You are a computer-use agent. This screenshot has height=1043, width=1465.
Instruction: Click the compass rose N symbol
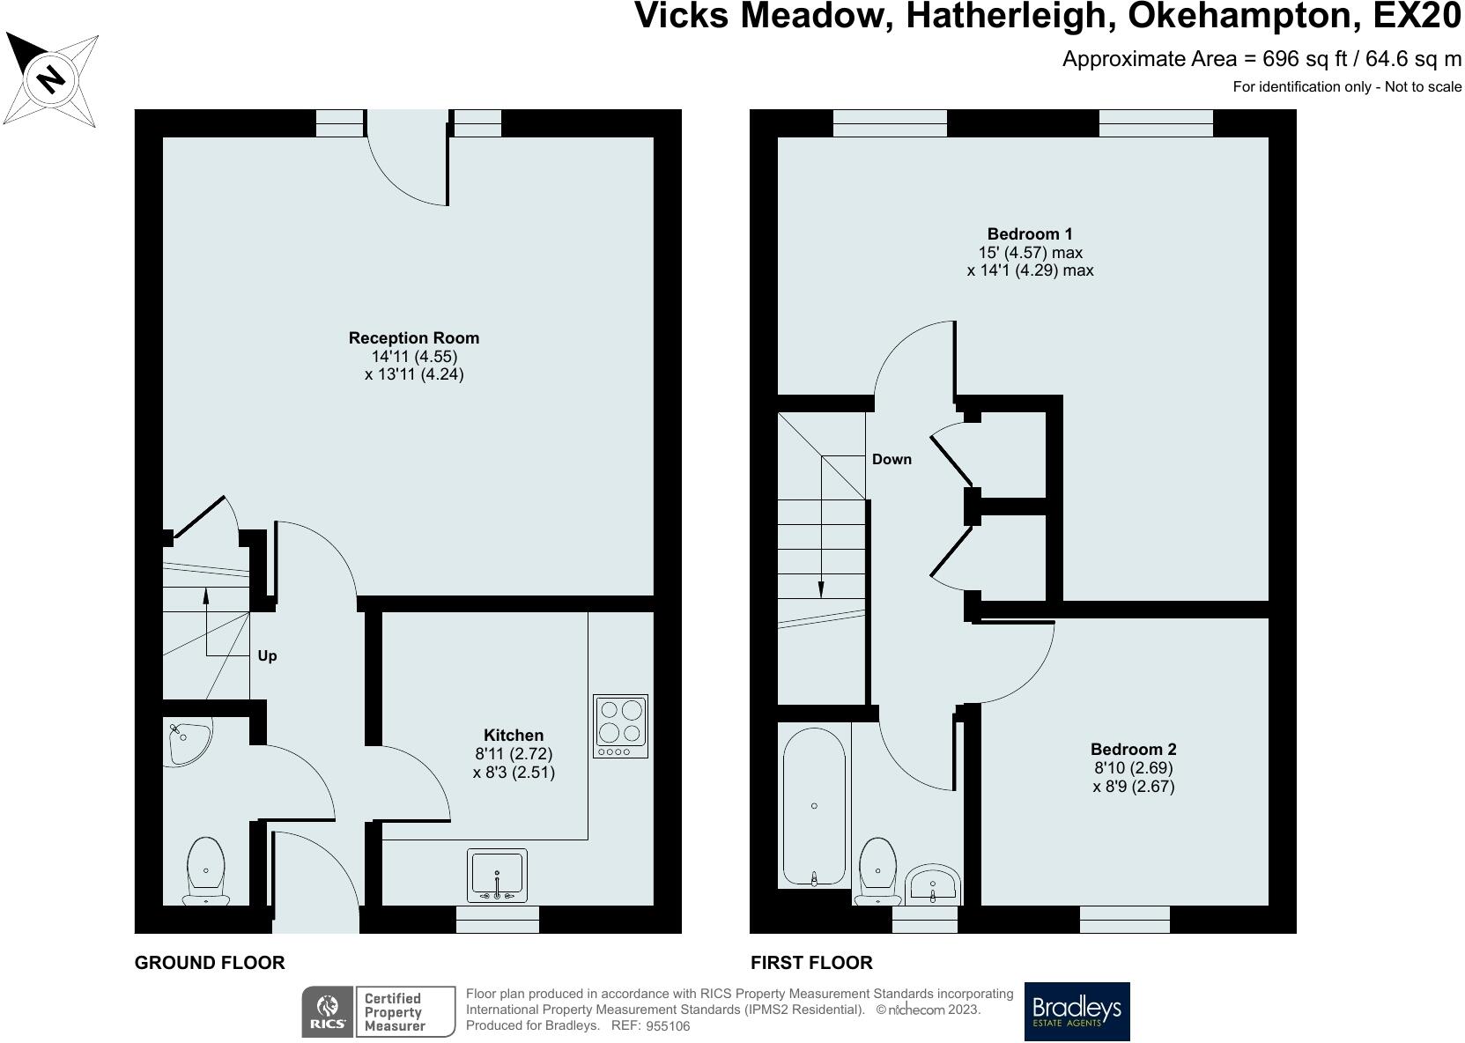(x=51, y=80)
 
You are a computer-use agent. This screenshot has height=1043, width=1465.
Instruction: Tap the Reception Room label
(x=414, y=338)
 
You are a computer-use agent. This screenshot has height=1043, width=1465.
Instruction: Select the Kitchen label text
(x=514, y=735)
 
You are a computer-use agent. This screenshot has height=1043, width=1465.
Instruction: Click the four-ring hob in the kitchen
(x=621, y=726)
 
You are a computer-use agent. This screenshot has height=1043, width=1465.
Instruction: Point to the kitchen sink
(x=497, y=876)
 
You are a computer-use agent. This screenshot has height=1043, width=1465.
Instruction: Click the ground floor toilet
(x=206, y=871)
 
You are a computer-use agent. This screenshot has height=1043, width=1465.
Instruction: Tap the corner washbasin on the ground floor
(x=189, y=743)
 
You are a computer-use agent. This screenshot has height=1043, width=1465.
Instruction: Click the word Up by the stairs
(x=267, y=656)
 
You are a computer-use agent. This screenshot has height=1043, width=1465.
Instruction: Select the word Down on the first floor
(x=892, y=459)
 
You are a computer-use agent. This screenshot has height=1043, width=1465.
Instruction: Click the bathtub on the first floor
(x=814, y=807)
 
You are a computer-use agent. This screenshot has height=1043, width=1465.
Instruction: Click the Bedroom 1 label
(x=1030, y=234)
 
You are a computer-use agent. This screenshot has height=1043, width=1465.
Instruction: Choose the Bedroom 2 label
(x=1134, y=750)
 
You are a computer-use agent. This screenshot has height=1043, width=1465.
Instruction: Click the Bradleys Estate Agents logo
(x=1077, y=1011)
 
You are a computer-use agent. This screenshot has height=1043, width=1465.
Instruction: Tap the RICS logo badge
(x=328, y=1011)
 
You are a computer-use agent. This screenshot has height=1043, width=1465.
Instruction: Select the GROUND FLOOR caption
(x=210, y=963)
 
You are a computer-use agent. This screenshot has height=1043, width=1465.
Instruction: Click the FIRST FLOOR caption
(x=811, y=963)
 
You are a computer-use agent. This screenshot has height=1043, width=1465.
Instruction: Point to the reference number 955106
(x=668, y=1026)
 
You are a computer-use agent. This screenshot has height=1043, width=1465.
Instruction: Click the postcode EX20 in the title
(x=1417, y=17)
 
